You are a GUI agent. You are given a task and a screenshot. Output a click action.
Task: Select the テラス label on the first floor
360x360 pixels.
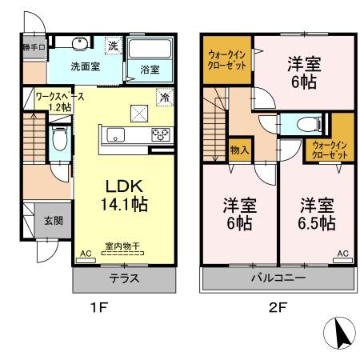tap(124, 279)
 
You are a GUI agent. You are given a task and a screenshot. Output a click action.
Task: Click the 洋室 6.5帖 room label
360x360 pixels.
tap(316, 214)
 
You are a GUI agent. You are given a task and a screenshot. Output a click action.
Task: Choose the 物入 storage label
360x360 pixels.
tap(238, 150)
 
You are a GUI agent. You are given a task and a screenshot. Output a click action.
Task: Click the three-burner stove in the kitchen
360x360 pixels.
tap(158, 134)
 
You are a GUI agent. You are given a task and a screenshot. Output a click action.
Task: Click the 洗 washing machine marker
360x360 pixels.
tap(114, 46)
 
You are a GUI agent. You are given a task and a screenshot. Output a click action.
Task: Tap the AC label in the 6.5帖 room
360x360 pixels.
tap(342, 254)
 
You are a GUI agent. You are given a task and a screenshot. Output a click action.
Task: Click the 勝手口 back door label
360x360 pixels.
tap(34, 46)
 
